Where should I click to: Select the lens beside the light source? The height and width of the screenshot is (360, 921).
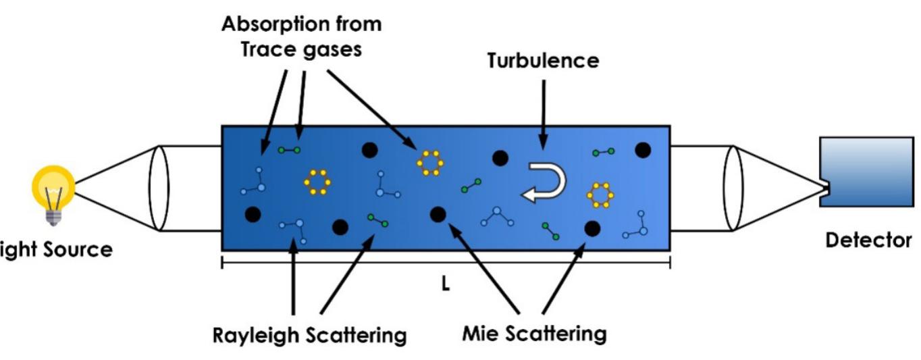(x=159, y=188)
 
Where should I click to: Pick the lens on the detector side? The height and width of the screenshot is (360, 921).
(x=733, y=188)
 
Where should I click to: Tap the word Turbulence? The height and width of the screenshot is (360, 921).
(x=543, y=61)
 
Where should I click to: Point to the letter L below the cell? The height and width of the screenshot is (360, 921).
(x=445, y=285)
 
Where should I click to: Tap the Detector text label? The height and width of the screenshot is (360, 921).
(x=868, y=240)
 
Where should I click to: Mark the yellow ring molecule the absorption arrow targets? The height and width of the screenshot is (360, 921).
(x=429, y=163)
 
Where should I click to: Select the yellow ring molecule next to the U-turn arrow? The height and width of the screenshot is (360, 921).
(x=600, y=195)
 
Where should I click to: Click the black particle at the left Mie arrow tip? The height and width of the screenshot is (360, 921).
(x=437, y=214)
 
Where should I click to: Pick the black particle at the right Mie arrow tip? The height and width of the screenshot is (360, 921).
(x=592, y=229)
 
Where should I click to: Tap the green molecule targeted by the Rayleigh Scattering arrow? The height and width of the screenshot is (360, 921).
(x=377, y=220)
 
